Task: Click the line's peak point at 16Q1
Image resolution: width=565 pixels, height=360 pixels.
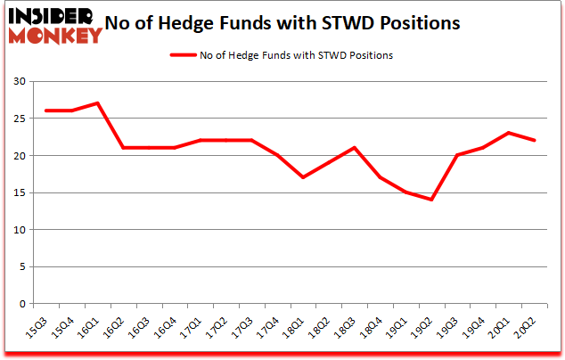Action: [x=96, y=103]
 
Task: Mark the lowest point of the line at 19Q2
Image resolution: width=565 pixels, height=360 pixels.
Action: [x=432, y=200]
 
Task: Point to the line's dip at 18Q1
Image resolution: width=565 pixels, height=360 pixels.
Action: [x=303, y=177]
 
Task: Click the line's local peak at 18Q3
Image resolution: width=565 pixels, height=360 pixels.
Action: [x=355, y=148]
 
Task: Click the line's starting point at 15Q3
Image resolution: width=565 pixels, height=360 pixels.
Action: [x=45, y=110]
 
